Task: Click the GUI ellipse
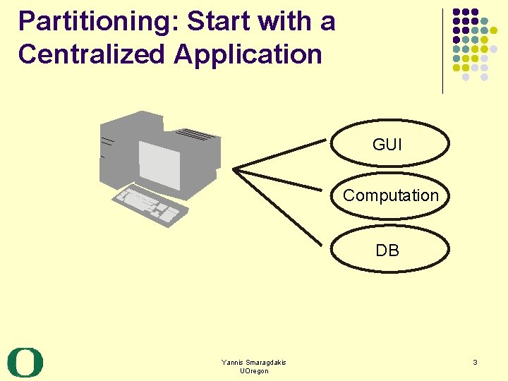pos(390,145)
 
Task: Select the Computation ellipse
pos(390,196)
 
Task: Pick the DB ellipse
pos(390,250)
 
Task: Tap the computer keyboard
pos(149,205)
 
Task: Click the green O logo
pos(25,363)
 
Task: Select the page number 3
pos(475,363)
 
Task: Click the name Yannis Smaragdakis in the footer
pos(254,362)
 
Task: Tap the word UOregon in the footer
pos(254,371)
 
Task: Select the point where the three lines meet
pos(236,169)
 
